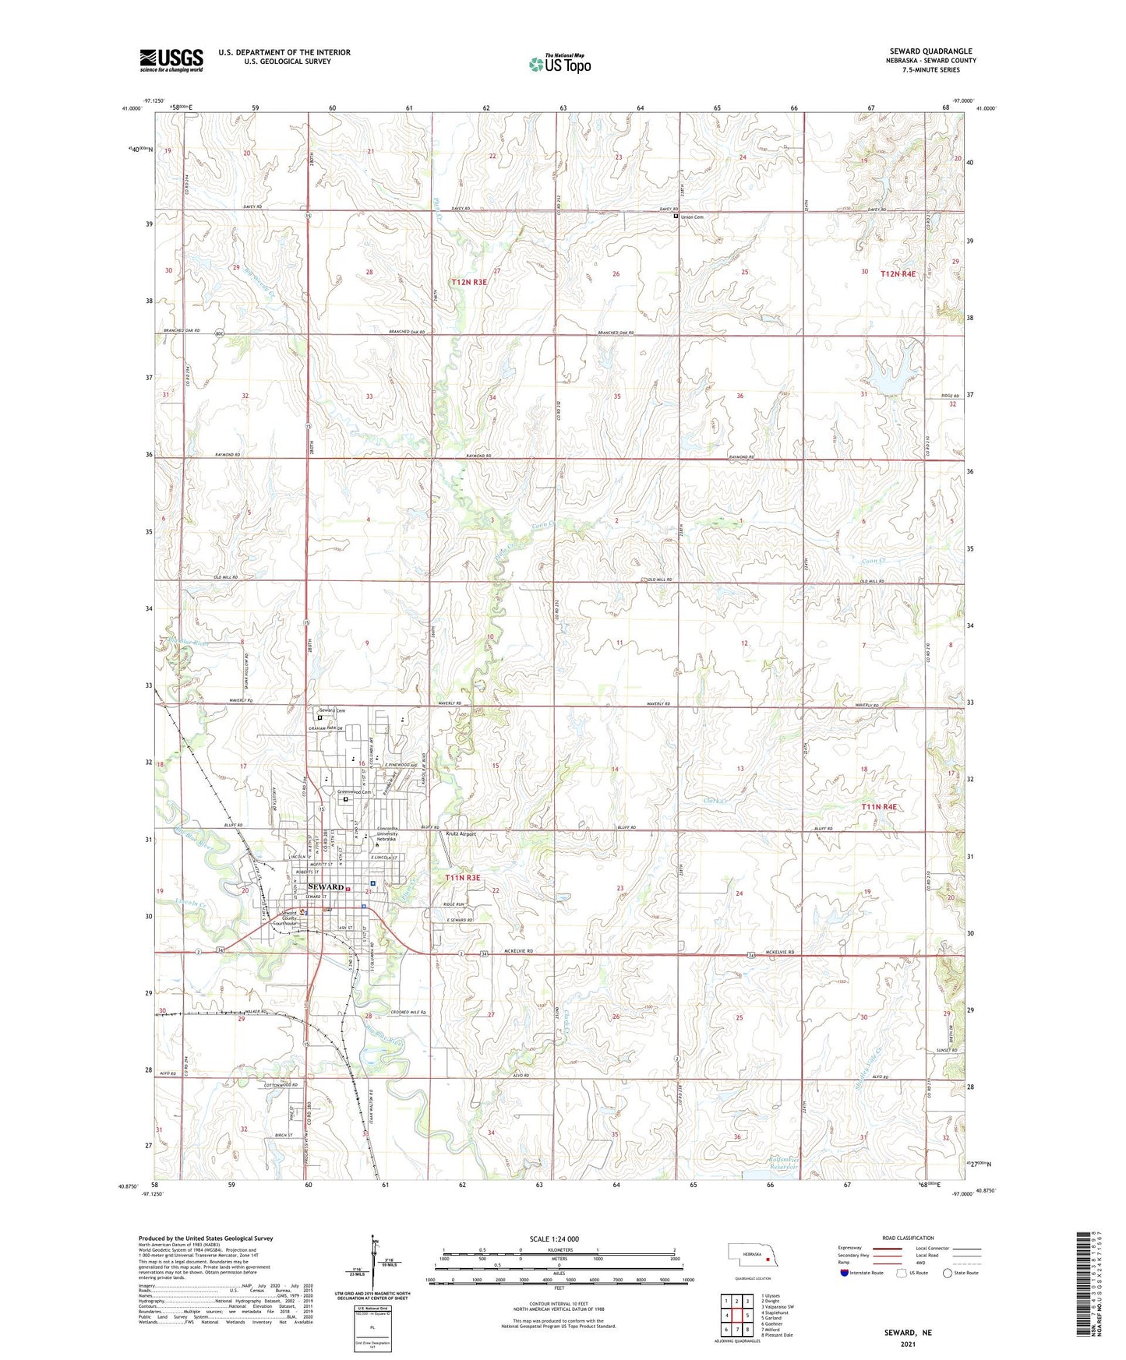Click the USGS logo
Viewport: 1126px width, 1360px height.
pyautogui.click(x=171, y=60)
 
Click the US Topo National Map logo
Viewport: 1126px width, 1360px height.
pyautogui.click(x=559, y=63)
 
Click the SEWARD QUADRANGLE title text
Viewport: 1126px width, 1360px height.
pyautogui.click(x=930, y=51)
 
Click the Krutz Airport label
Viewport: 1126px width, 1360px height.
pyautogui.click(x=461, y=833)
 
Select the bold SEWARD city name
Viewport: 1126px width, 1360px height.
pyautogui.click(x=326, y=887)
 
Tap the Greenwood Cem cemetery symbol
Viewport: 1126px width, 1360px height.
pyautogui.click(x=346, y=798)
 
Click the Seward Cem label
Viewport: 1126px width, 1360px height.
pyautogui.click(x=332, y=710)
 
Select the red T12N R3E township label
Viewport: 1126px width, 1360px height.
pyautogui.click(x=468, y=282)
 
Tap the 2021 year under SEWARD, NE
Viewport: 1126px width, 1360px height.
pyautogui.click(x=908, y=1344)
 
